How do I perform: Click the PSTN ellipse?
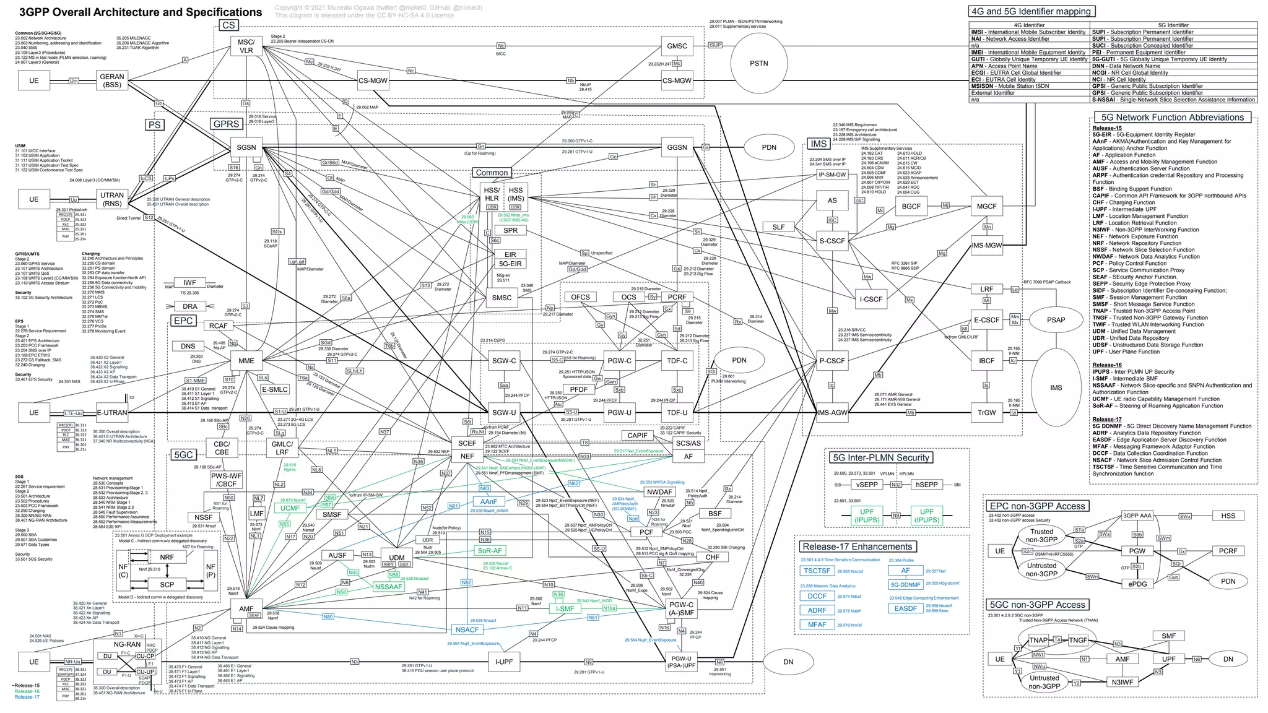tap(758, 63)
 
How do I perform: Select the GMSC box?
tap(677, 46)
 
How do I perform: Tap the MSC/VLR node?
tap(246, 46)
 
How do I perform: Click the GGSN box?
tap(677, 147)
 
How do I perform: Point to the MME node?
tap(246, 360)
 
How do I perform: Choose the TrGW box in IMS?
tap(986, 412)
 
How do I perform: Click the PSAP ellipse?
tap(1056, 320)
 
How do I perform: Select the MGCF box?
tap(986, 206)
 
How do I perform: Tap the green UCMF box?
tap(290, 508)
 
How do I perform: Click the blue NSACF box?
tap(467, 629)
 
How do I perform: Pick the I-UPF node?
tap(503, 662)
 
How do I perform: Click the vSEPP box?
tap(867, 485)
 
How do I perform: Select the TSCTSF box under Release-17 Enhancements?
tap(817, 571)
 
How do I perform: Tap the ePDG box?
tap(1137, 584)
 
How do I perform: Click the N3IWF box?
tap(1122, 682)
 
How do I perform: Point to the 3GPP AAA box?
tap(1137, 516)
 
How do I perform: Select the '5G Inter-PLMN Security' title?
tap(881, 457)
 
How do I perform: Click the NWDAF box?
tap(659, 492)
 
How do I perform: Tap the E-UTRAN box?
tap(112, 412)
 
